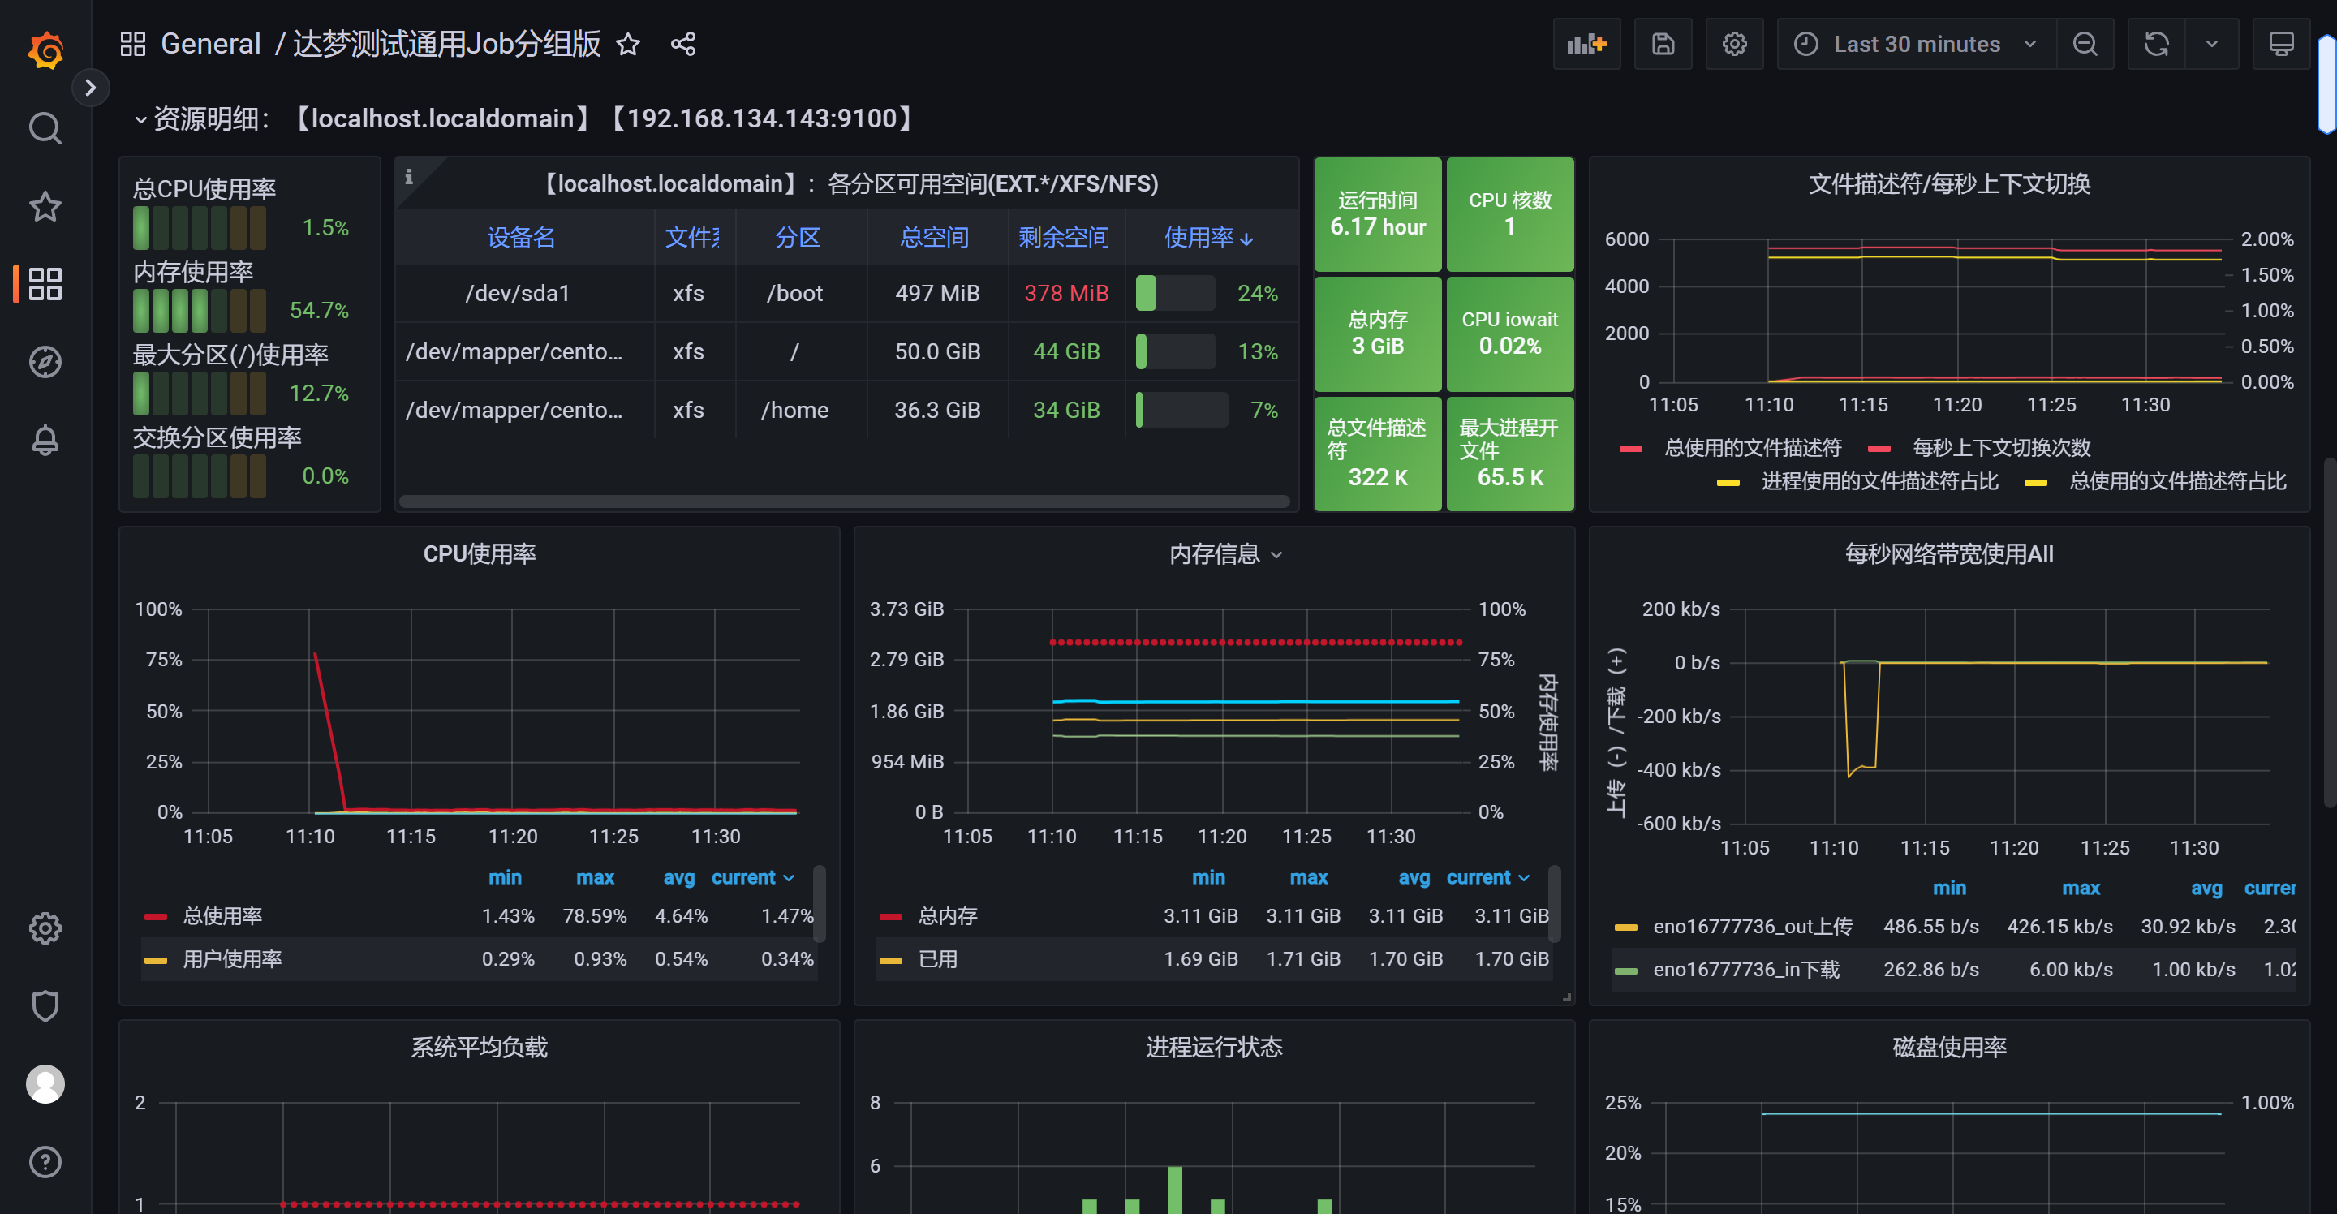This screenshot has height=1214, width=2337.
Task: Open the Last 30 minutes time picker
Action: click(x=1917, y=44)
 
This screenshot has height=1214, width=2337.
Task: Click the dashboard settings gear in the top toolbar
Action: click(x=1734, y=44)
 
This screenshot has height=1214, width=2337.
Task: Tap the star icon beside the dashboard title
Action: click(x=628, y=44)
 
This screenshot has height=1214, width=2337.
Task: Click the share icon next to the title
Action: click(x=683, y=44)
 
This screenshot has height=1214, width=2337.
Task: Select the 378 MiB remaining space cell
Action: click(x=1066, y=293)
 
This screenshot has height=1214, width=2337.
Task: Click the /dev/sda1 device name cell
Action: click(x=517, y=293)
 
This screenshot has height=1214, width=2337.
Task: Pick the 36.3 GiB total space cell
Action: click(x=937, y=410)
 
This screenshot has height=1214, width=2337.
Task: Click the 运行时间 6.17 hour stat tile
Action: click(x=1377, y=214)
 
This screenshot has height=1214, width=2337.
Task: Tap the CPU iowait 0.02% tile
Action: click(x=1509, y=333)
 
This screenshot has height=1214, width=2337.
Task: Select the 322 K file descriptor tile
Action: click(x=1377, y=453)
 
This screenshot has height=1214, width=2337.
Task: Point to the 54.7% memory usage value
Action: click(x=318, y=310)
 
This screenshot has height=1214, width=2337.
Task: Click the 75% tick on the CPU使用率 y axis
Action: click(x=164, y=660)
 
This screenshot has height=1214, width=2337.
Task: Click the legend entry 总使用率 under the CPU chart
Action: click(x=222, y=915)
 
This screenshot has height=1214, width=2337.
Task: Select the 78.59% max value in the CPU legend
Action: click(x=594, y=915)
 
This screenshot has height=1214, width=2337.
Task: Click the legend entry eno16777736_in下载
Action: click(x=1745, y=969)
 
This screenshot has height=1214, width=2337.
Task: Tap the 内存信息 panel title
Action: click(x=1214, y=553)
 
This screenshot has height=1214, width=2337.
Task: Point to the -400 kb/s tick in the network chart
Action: click(x=1678, y=769)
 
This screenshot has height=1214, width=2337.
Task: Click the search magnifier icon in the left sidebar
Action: click(x=45, y=129)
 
